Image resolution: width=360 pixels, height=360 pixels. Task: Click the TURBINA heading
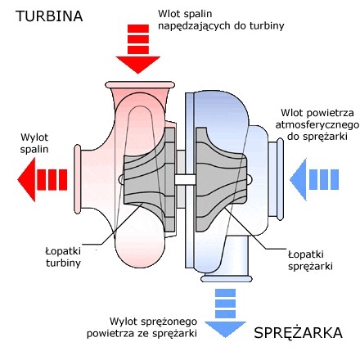click(x=49, y=16)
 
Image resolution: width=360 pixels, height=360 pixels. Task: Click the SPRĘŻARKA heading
click(x=298, y=333)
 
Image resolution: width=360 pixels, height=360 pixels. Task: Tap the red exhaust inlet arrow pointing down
click(x=138, y=49)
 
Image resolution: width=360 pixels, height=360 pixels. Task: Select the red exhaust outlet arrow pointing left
click(x=43, y=180)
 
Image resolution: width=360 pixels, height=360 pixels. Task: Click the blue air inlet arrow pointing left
click(x=314, y=180)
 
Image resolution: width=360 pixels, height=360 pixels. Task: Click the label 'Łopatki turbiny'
click(x=63, y=257)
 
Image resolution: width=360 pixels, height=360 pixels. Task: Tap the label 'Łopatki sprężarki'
click(x=310, y=260)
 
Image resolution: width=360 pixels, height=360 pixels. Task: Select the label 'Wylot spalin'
click(x=34, y=143)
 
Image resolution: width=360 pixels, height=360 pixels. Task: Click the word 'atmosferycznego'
click(x=317, y=125)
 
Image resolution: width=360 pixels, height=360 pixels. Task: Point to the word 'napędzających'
click(x=192, y=26)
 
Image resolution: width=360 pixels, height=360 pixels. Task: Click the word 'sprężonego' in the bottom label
click(x=169, y=322)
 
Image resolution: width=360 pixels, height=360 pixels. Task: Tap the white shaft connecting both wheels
click(x=185, y=180)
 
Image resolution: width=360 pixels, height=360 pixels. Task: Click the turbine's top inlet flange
click(x=140, y=85)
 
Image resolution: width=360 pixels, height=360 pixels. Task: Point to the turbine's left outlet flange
click(x=78, y=179)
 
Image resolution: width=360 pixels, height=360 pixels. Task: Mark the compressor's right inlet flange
click(x=280, y=179)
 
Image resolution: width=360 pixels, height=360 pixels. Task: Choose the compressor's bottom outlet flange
click(x=227, y=278)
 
